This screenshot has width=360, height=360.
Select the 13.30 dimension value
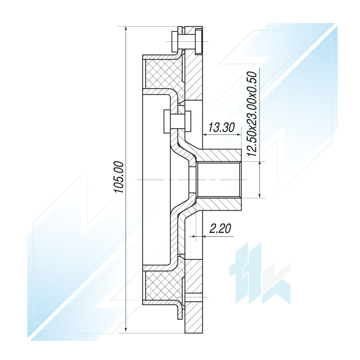click(x=222, y=128)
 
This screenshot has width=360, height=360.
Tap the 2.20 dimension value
click(x=220, y=229)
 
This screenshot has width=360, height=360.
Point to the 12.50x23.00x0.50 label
click(x=252, y=114)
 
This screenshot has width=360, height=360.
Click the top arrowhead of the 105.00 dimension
click(x=126, y=29)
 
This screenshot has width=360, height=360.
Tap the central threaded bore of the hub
click(x=218, y=180)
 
